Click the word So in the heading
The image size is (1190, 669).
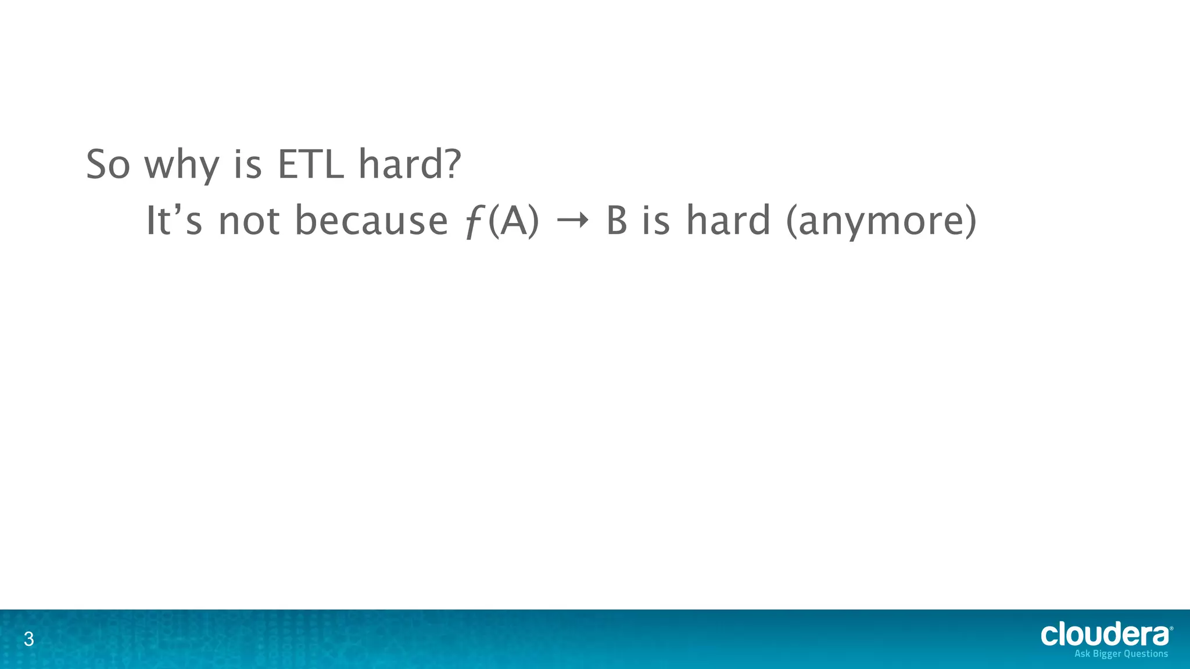click(x=107, y=165)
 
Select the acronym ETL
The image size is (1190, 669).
click(x=310, y=165)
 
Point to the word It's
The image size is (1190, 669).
click(x=173, y=221)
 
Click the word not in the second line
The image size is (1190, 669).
click(x=249, y=222)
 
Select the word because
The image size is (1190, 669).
click(x=371, y=221)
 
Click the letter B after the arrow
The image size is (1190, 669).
click(x=616, y=221)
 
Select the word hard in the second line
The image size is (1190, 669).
click(x=728, y=221)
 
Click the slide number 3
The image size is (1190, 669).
click(x=28, y=640)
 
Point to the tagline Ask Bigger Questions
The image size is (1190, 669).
click(x=1121, y=654)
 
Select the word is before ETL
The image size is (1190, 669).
click(x=248, y=165)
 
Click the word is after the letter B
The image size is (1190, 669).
click(x=656, y=221)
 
